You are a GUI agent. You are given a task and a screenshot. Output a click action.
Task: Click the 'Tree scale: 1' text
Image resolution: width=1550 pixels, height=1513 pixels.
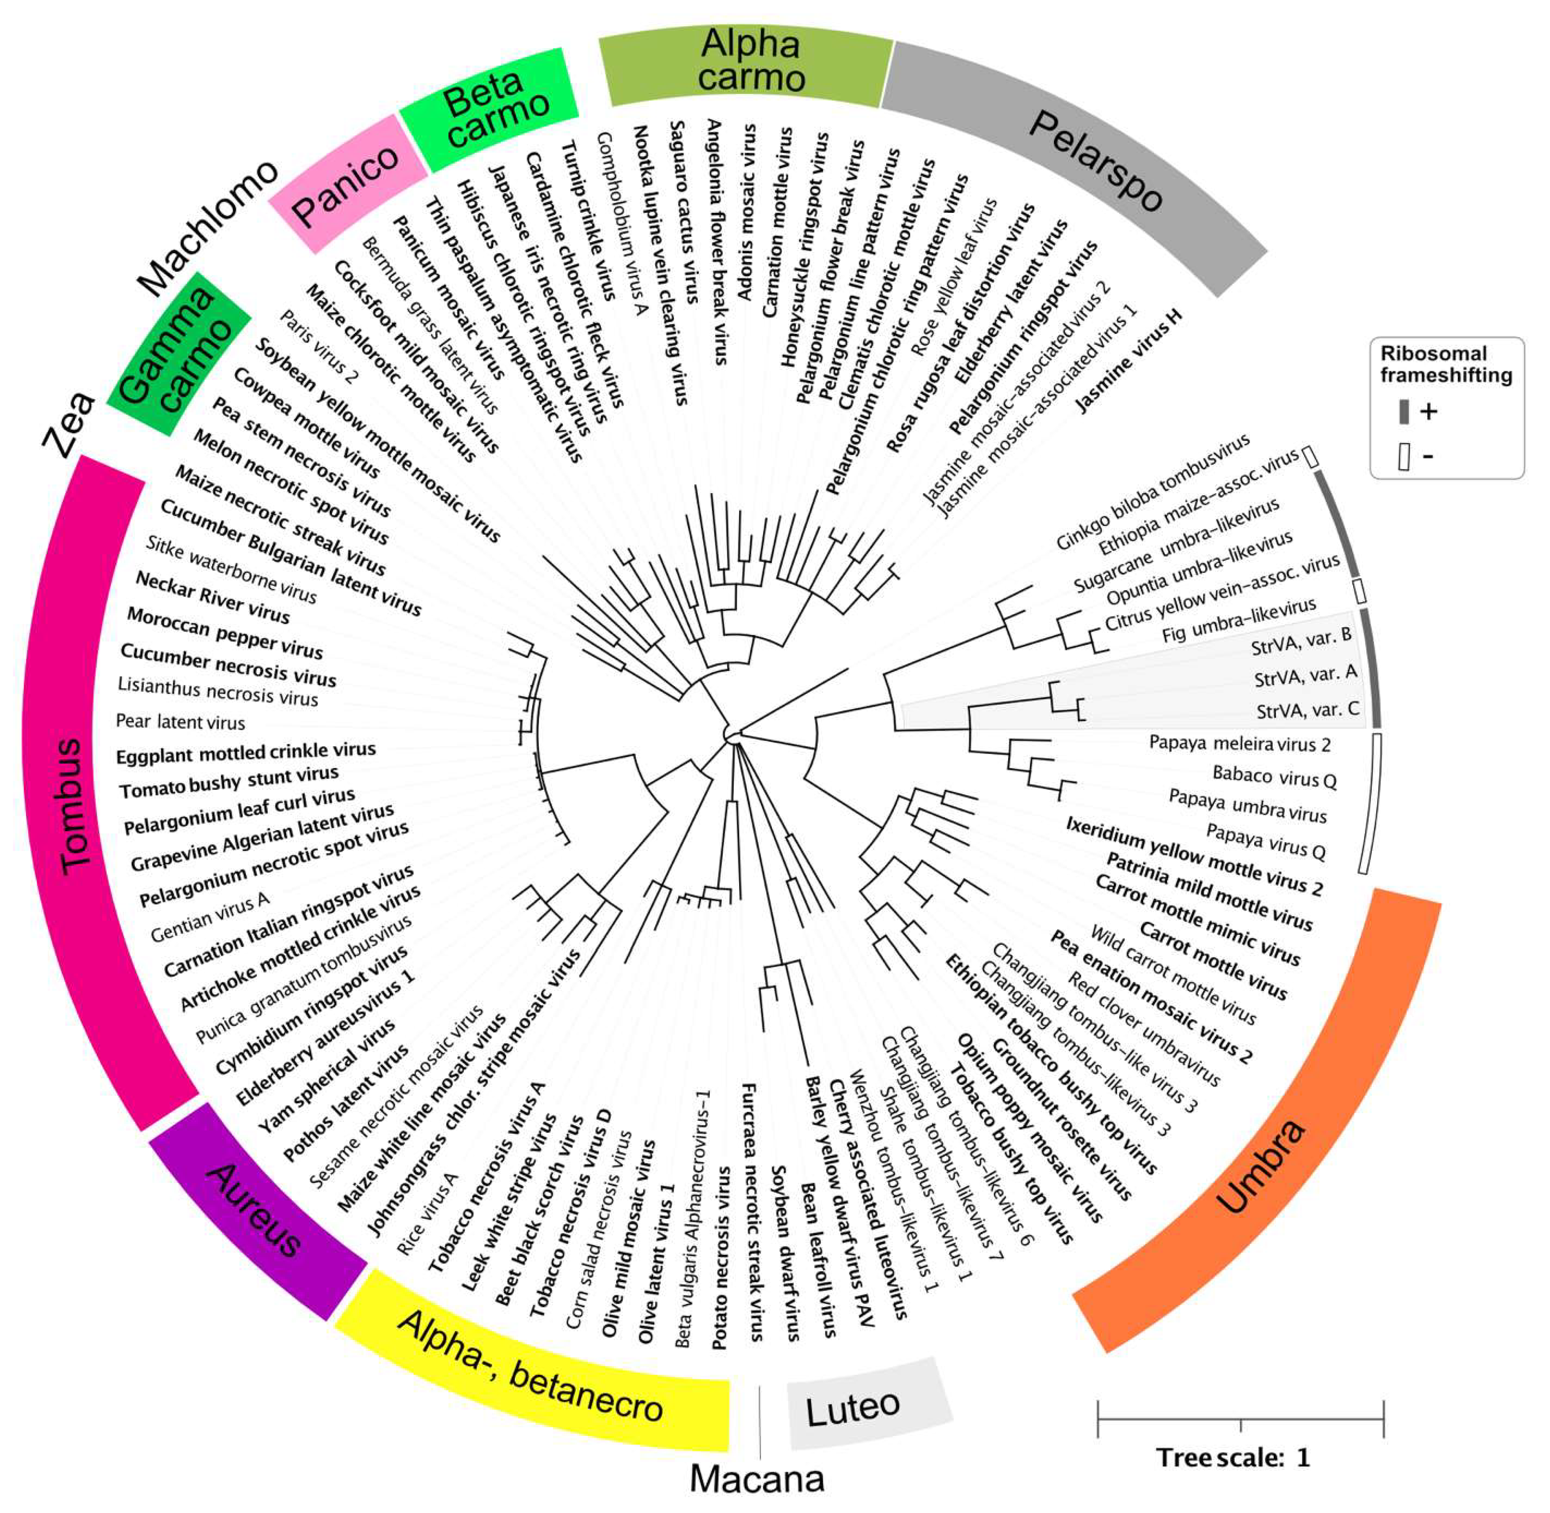(x=1232, y=1457)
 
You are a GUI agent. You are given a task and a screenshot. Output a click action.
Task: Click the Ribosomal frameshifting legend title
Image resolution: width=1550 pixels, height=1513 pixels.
(x=1445, y=364)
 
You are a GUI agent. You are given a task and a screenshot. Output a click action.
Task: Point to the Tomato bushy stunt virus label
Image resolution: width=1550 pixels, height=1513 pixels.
(x=229, y=781)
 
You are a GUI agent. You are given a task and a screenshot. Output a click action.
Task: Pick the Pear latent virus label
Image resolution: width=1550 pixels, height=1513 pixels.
(x=181, y=722)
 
